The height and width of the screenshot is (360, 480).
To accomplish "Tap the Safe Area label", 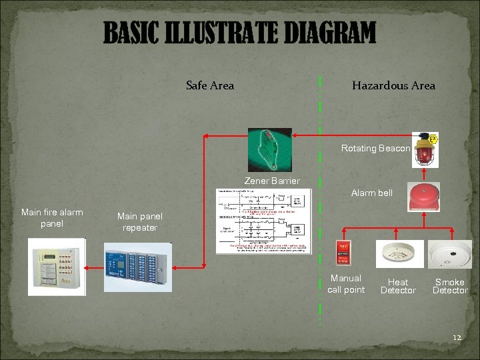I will tap(210, 85).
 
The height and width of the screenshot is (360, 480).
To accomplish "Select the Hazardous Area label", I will tap(393, 85).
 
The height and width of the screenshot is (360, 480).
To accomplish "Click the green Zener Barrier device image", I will tap(269, 150).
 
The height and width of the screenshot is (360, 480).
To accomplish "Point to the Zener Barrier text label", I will tap(272, 181).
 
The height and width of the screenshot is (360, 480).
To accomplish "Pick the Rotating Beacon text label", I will tap(375, 148).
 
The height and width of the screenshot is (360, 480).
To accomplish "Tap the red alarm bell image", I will tap(424, 197).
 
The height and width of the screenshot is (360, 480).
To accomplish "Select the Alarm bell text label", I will tap(372, 193).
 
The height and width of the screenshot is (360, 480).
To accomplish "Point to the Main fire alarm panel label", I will tap(52, 218).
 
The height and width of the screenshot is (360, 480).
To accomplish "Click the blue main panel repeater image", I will tap(138, 267).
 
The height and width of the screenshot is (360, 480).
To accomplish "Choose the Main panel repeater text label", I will tap(139, 222).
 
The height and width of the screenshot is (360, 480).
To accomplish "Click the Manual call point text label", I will tap(346, 284).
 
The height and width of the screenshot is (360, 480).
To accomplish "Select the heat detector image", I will tap(399, 253).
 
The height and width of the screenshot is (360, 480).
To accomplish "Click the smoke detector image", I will tap(450, 254).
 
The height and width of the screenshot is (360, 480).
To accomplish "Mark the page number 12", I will tap(457, 338).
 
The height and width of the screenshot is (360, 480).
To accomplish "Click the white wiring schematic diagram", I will tap(263, 221).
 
